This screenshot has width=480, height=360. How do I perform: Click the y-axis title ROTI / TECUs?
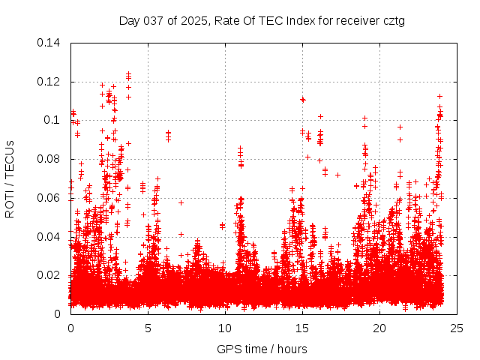point(10,178)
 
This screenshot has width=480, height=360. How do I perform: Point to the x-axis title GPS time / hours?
point(262,349)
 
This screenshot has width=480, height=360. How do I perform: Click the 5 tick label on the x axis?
point(148,328)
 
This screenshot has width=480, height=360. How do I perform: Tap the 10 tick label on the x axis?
point(225,328)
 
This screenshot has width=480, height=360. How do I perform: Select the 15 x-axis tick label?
point(302,328)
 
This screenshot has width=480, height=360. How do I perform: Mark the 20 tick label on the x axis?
point(379,328)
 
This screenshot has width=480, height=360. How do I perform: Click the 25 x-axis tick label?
point(457,328)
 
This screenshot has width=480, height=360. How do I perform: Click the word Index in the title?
point(291,20)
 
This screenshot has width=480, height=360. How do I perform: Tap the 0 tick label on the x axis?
point(70,328)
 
